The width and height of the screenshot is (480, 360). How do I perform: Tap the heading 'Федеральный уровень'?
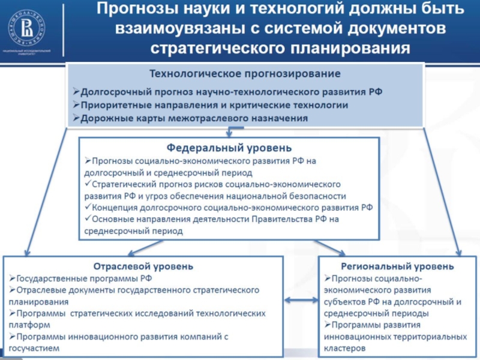[x=229, y=148]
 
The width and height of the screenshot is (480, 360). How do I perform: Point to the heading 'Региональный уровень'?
[x=397, y=266]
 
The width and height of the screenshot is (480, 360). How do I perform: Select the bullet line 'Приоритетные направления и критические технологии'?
[x=210, y=105]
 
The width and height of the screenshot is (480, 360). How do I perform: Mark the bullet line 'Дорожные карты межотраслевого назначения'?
[x=191, y=118]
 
